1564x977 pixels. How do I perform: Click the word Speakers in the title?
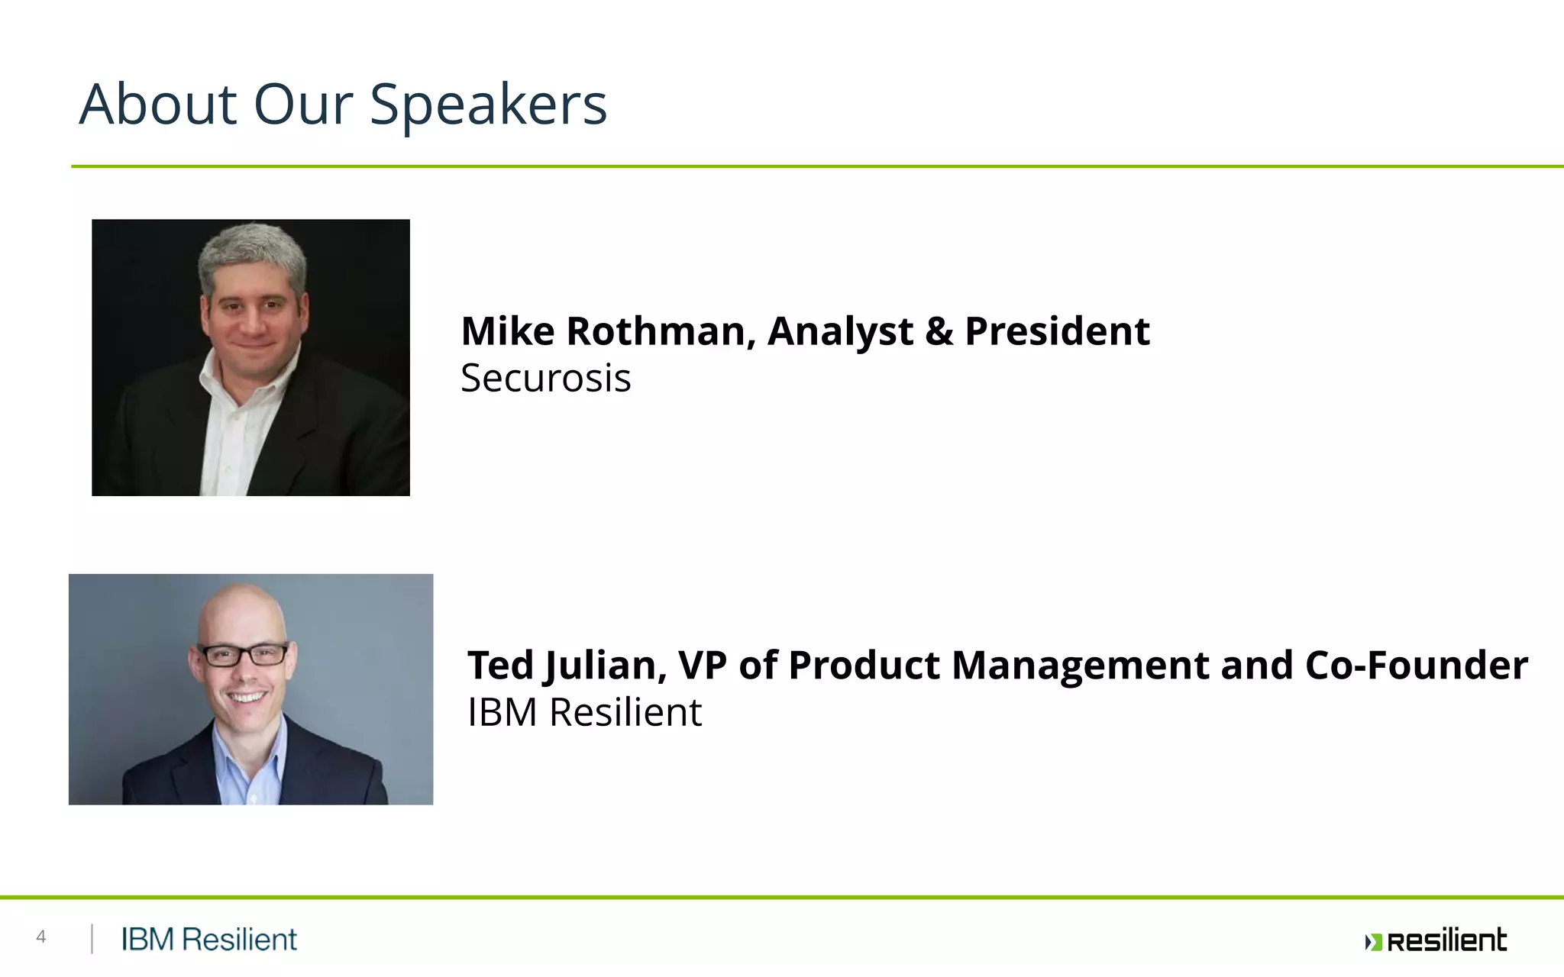pyautogui.click(x=488, y=105)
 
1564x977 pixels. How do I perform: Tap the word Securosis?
pyautogui.click(x=545, y=378)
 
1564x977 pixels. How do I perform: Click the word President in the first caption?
pyautogui.click(x=1057, y=331)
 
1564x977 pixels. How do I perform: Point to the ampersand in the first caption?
pyautogui.click(x=939, y=331)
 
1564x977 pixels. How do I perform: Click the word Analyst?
pyautogui.click(x=840, y=333)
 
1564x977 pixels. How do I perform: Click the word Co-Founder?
pyautogui.click(x=1416, y=665)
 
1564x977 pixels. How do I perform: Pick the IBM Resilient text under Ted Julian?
pyautogui.click(x=584, y=712)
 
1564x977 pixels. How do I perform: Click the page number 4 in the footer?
pyautogui.click(x=41, y=937)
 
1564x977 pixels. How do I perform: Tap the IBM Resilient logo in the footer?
pyautogui.click(x=208, y=940)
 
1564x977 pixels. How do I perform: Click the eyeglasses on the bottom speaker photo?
pyautogui.click(x=243, y=655)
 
